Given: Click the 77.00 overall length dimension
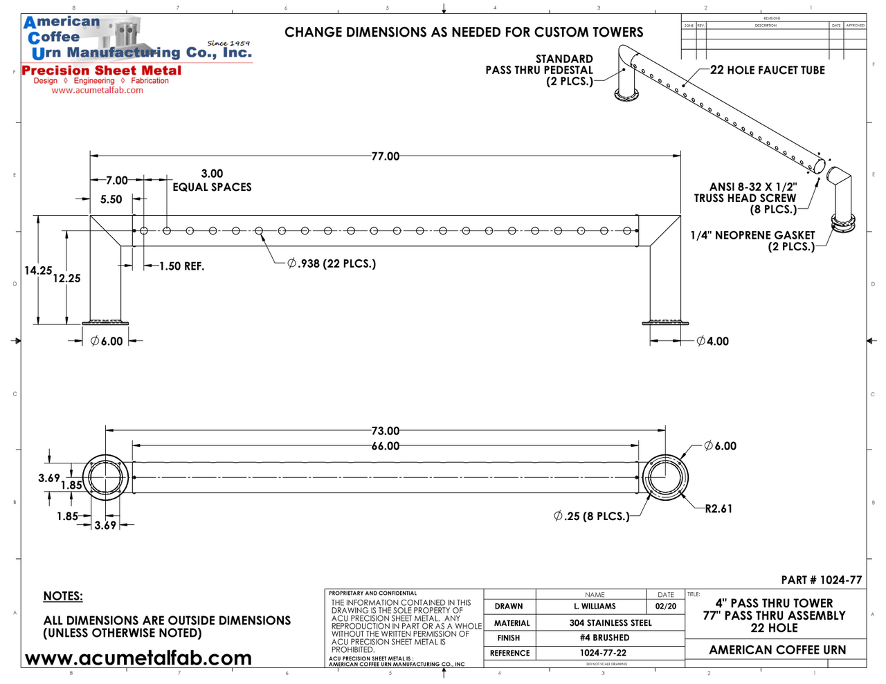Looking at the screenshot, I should click(x=385, y=156).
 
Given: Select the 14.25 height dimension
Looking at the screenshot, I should click(x=38, y=270).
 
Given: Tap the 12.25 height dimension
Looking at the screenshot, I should click(x=66, y=278).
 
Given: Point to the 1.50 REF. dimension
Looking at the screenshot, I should click(x=181, y=266).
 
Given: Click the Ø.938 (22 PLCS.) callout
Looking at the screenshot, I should click(x=332, y=264).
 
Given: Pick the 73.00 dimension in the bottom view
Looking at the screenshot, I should click(x=385, y=431).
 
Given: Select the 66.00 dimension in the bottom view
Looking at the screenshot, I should click(x=385, y=446).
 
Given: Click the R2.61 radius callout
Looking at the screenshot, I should click(x=718, y=509).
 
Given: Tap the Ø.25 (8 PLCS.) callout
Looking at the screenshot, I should click(x=592, y=516).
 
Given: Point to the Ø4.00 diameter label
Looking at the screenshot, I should click(x=712, y=341).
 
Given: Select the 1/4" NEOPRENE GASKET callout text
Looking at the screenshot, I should click(x=752, y=235).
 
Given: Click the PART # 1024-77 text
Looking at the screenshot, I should click(x=822, y=580).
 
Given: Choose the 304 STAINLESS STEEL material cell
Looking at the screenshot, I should click(x=610, y=622).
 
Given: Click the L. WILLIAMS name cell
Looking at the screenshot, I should click(x=594, y=607).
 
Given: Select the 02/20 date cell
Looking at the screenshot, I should click(x=665, y=607).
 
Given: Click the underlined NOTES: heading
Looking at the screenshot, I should click(x=63, y=596).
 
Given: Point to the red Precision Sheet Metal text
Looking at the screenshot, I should click(x=102, y=71).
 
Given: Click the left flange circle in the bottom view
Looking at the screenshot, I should click(x=105, y=477).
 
